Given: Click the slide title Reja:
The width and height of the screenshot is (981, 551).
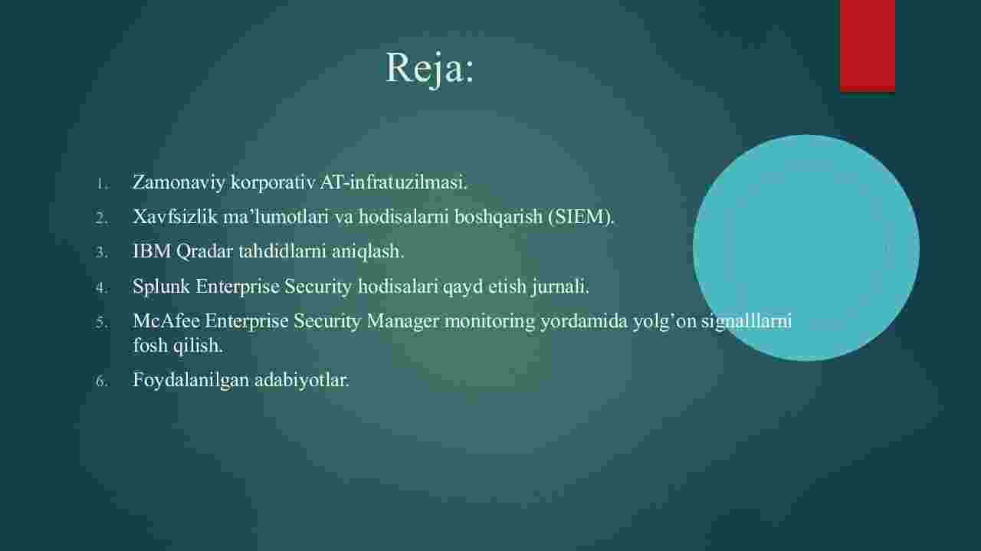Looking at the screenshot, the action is tap(430, 68).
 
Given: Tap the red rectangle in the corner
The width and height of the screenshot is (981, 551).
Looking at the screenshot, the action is tap(867, 45).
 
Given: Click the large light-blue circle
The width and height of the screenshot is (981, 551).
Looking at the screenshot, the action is tap(805, 248).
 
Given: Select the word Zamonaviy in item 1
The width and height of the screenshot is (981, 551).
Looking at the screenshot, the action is tap(179, 182).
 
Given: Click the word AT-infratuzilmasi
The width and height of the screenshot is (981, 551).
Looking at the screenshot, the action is tap(394, 182).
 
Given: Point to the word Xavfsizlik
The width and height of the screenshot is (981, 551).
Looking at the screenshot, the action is tap(175, 216).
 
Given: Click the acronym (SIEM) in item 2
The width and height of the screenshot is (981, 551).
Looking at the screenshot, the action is tap(581, 217).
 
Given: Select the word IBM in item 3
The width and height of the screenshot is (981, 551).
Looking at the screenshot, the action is tap(152, 251).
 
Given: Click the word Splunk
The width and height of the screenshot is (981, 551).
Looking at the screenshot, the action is tap(161, 287).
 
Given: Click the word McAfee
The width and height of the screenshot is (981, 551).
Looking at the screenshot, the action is tap(166, 321).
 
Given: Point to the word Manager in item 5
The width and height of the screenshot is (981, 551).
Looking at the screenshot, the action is tap(402, 322).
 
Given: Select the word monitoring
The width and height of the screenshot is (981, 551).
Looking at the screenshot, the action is tap(490, 322).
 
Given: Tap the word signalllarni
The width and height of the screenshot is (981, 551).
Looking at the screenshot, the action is tap(746, 322).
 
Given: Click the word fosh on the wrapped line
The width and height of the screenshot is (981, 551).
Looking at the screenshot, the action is tap(150, 346).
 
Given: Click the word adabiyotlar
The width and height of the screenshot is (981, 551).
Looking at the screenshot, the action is tap(302, 380).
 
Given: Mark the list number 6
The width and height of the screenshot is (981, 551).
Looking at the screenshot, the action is tap(101, 382).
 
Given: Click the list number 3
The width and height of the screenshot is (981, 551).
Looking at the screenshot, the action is tap(101, 253).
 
